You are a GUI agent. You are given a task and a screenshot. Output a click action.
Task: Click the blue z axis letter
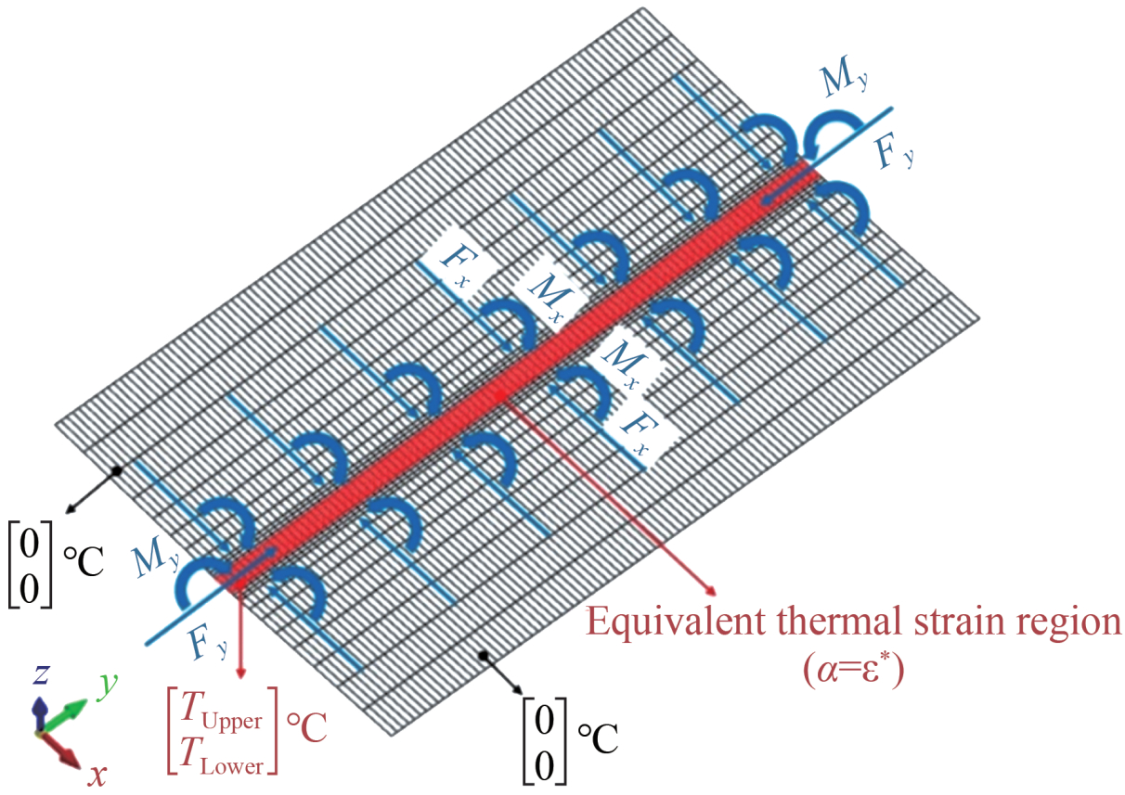40,675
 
